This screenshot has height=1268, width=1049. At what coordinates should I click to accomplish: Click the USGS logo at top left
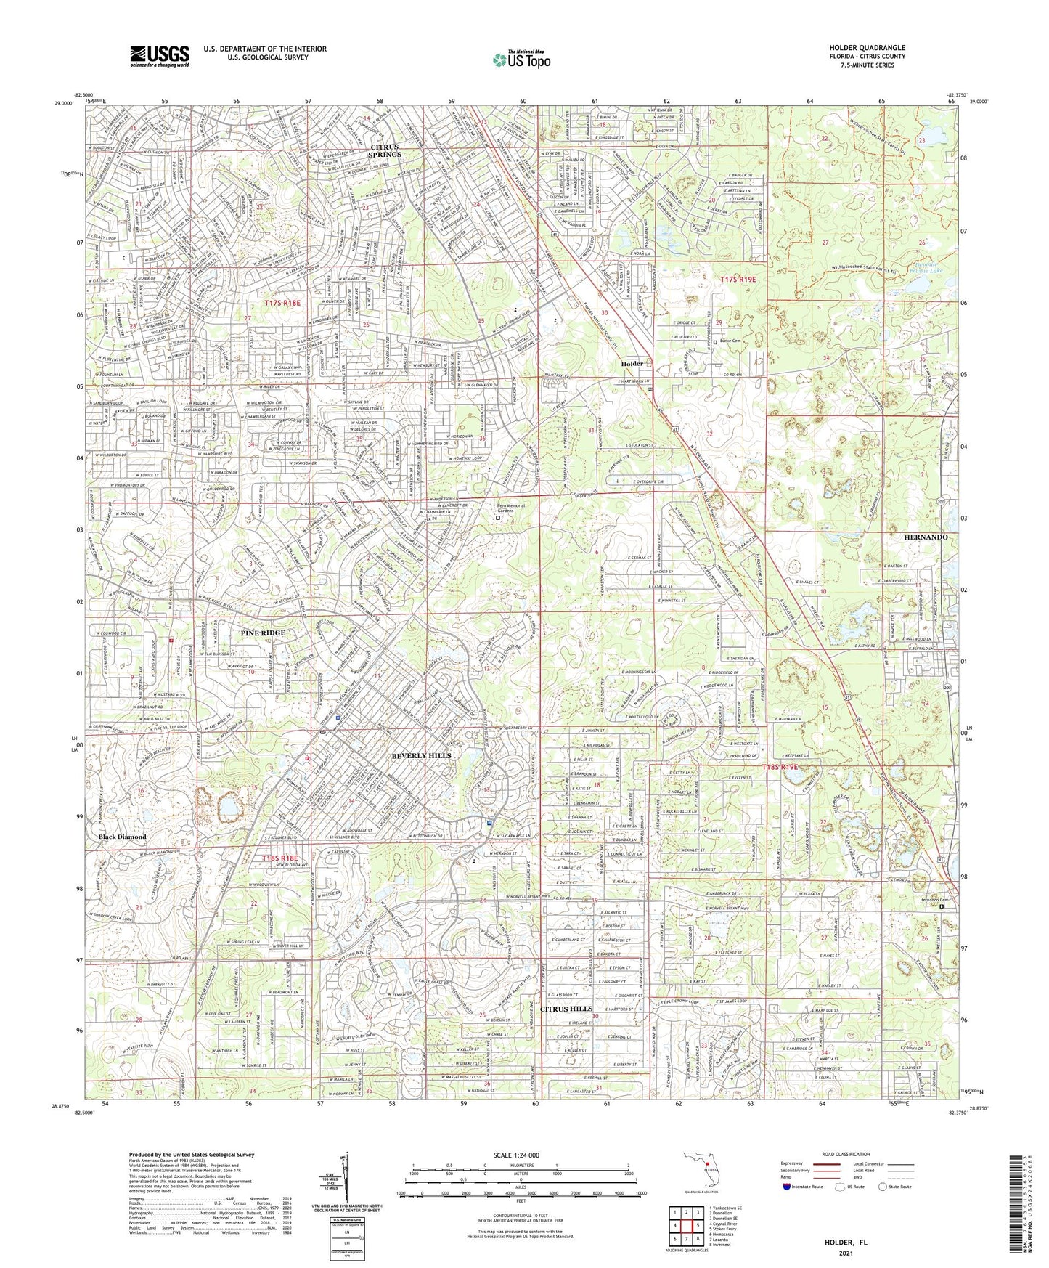pyautogui.click(x=160, y=55)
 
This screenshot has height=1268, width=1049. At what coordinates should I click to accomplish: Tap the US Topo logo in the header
pyautogui.click(x=520, y=60)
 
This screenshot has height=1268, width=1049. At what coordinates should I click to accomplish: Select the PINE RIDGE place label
pyautogui.click(x=263, y=633)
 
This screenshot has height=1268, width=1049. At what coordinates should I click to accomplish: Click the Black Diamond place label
pyautogui.click(x=122, y=837)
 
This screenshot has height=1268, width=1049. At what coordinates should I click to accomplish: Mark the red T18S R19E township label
pyautogui.click(x=780, y=767)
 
